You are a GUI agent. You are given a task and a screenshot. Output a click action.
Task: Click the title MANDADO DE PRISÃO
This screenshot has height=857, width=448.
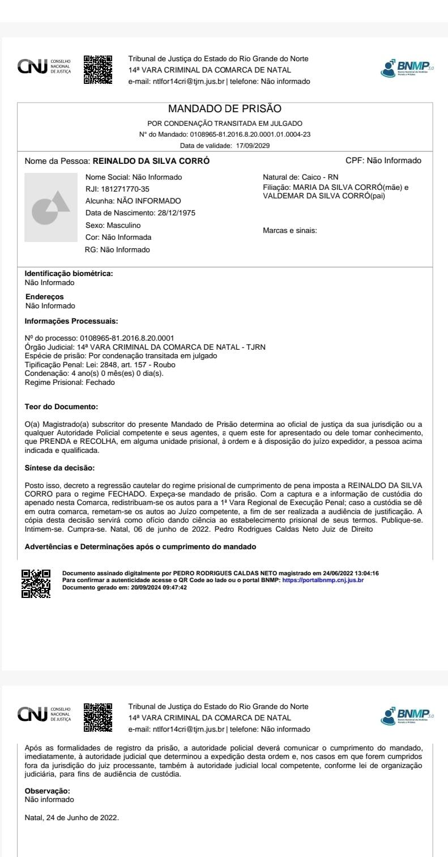point(225,109)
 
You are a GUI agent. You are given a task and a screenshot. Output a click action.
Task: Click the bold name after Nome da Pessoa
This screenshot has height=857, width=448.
point(151,161)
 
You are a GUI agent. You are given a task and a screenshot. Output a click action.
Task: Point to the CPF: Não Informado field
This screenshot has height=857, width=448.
point(383,161)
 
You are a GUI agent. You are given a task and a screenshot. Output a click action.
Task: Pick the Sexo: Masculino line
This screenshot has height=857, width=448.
point(113,225)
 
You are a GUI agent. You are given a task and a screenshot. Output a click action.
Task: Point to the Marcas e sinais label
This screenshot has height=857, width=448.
point(290,231)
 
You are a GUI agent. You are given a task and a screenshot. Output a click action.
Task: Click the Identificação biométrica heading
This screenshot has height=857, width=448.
point(69,274)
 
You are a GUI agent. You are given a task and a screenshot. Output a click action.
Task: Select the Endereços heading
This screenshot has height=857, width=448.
point(45,296)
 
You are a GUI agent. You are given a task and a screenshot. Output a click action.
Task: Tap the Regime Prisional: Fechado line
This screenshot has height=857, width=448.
point(70,383)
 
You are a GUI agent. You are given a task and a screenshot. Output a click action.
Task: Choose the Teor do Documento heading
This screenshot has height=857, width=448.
point(62,407)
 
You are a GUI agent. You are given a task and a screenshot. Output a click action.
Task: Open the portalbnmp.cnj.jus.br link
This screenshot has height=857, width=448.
point(323,580)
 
